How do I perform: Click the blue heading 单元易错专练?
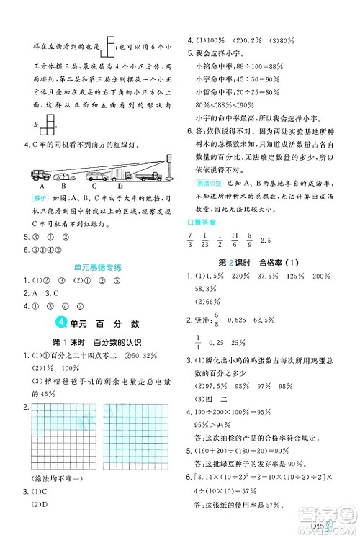click(98, 266)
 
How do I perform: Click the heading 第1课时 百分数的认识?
click(99, 340)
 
